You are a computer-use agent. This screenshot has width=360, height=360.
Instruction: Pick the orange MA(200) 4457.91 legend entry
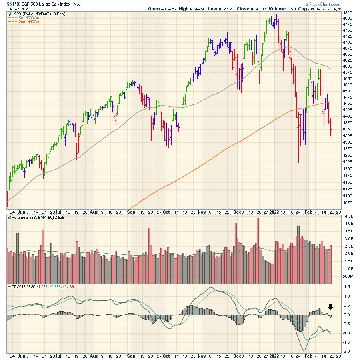click(26, 22)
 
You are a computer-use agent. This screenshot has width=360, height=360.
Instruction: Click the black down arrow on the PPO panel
click(330, 307)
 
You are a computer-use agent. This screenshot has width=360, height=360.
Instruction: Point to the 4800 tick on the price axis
click(347, 18)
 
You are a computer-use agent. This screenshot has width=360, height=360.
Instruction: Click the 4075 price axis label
click(347, 202)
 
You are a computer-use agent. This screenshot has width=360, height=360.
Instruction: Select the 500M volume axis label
click(346, 276)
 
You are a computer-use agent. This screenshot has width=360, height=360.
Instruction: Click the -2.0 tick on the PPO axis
click(346, 351)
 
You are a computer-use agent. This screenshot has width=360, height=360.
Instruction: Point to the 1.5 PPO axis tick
click(346, 287)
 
